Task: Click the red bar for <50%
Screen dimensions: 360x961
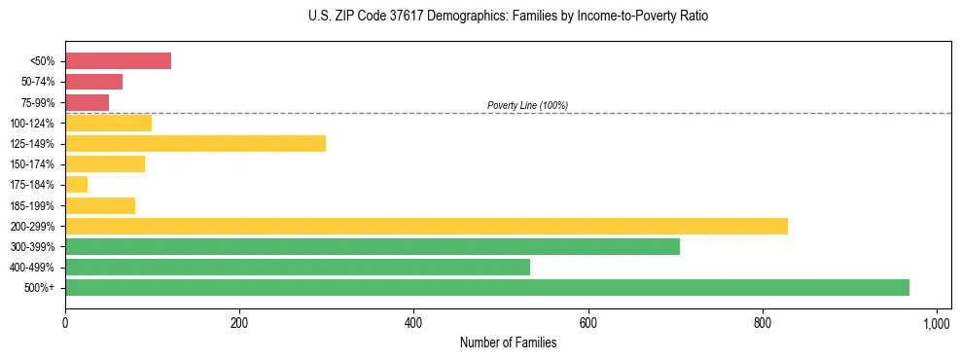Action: (118, 61)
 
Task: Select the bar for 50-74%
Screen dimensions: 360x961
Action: (93, 82)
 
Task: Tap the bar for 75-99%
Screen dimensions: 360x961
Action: (87, 102)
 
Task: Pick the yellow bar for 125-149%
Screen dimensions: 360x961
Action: (195, 144)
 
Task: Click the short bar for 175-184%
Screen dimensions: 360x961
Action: (76, 185)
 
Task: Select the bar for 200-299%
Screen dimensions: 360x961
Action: (426, 226)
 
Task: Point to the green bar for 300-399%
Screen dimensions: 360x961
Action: (373, 246)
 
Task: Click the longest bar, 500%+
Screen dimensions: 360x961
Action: (487, 288)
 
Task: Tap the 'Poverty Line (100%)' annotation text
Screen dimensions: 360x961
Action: (527, 105)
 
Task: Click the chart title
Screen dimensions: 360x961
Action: (508, 17)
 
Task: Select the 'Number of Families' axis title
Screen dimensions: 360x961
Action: (508, 342)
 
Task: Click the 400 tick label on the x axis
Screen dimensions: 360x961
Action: (413, 322)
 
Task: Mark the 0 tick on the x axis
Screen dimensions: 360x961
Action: (65, 322)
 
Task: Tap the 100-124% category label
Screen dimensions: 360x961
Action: (32, 124)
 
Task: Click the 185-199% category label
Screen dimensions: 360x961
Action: (32, 206)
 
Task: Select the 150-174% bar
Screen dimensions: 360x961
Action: (105, 164)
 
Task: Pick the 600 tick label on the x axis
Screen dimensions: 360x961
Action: (587, 322)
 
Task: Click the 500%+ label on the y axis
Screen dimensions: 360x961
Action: (39, 288)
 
